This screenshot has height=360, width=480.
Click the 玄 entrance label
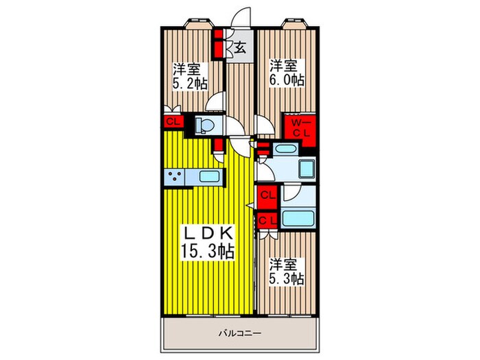(241, 48)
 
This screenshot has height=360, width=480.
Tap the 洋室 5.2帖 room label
(186, 75)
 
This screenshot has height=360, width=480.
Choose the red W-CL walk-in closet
(300, 128)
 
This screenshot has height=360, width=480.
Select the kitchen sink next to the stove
(208, 177)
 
